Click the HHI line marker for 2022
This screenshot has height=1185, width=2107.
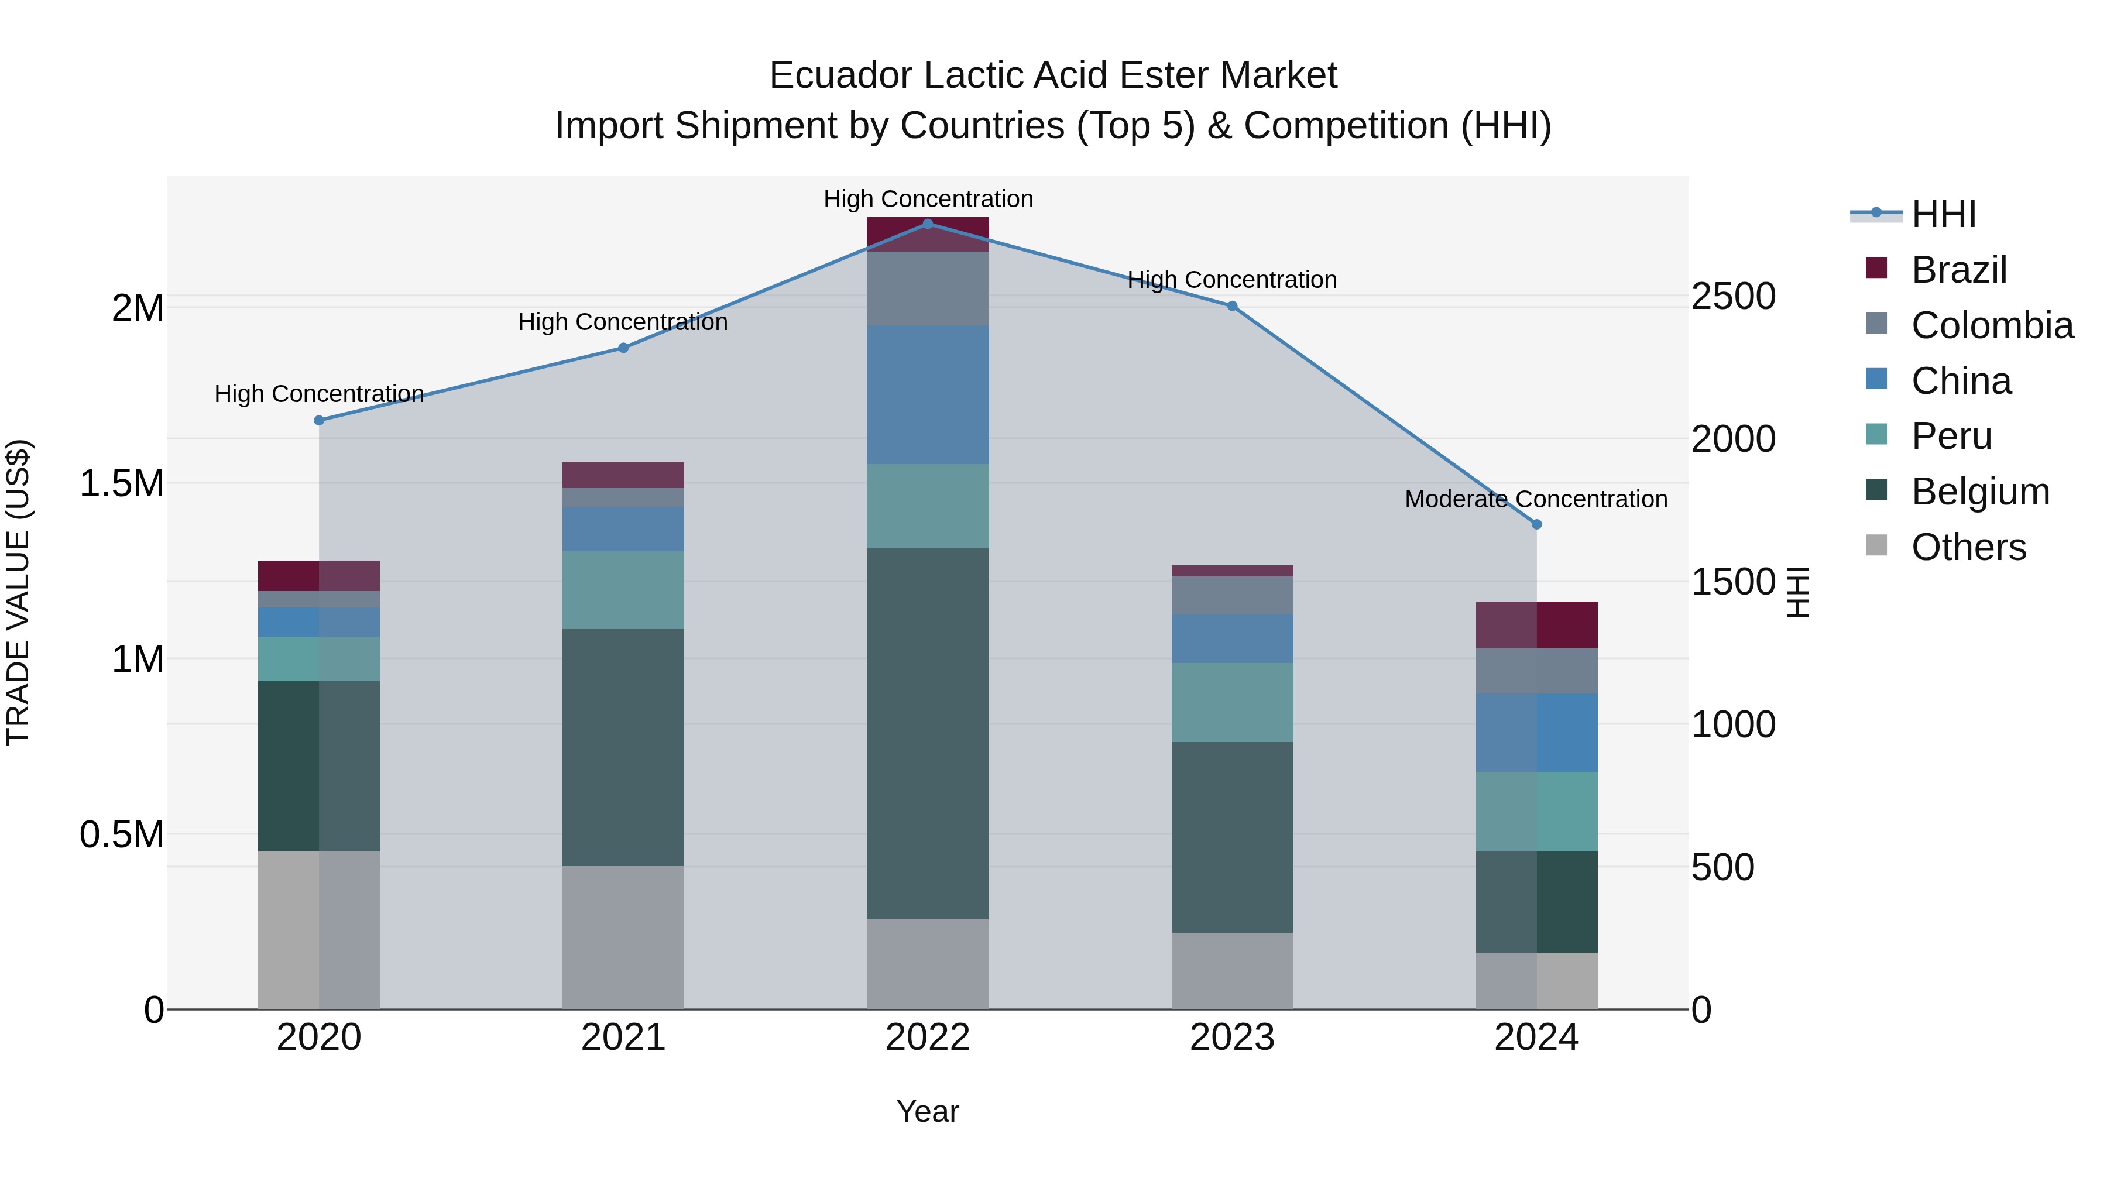(928, 224)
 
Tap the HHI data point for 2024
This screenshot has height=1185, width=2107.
(1536, 524)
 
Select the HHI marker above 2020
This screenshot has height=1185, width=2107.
(319, 420)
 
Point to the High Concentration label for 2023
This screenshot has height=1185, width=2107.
(1232, 280)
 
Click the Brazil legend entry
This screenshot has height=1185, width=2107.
(1958, 269)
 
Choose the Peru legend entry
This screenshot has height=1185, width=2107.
(1951, 436)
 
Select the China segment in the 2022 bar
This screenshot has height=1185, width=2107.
(928, 394)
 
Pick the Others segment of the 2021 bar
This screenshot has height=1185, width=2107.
(623, 937)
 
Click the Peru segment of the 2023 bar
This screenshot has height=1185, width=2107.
(1232, 702)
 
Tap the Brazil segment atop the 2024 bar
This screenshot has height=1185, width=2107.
(1536, 625)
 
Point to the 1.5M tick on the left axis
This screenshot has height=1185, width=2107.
(122, 483)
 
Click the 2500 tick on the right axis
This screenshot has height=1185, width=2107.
(1732, 296)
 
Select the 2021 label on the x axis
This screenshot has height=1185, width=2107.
(623, 1038)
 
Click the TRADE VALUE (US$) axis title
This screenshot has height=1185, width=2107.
(18, 592)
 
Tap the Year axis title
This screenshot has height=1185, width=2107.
(928, 1111)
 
